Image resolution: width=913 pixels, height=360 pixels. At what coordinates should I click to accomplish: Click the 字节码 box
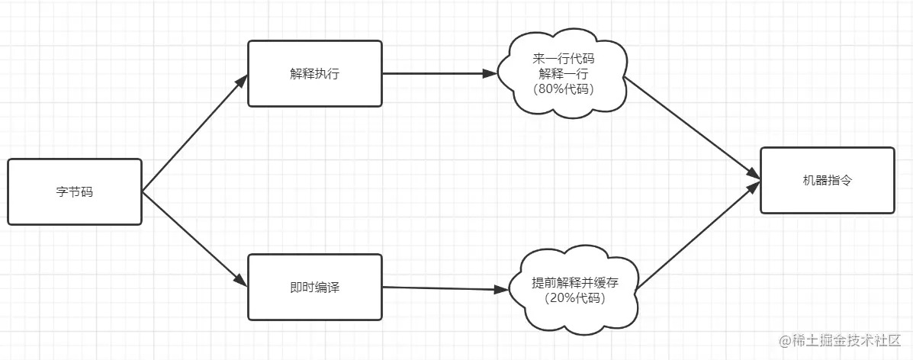click(x=75, y=191)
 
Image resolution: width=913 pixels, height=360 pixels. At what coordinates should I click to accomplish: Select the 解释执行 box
click(x=314, y=74)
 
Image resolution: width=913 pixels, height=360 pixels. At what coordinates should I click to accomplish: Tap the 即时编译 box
click(x=314, y=287)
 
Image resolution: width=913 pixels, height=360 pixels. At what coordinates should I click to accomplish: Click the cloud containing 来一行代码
click(x=563, y=74)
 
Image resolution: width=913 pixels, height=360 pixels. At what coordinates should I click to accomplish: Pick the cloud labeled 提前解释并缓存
click(x=574, y=290)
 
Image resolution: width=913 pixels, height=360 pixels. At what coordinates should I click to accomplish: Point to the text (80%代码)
click(x=563, y=88)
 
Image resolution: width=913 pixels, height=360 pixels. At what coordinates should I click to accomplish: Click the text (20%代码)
click(x=574, y=298)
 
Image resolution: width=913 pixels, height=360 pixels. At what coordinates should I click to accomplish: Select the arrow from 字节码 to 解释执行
click(x=194, y=133)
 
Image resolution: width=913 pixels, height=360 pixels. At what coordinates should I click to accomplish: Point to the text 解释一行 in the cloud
click(x=563, y=74)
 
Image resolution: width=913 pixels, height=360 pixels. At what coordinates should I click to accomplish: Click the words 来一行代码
click(x=563, y=59)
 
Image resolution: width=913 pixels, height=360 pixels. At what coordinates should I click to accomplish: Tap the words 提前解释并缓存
click(x=574, y=282)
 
